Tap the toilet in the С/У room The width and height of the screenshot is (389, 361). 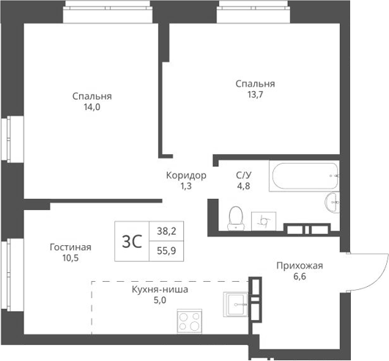(236, 216)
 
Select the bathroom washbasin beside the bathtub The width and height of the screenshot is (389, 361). (332, 203)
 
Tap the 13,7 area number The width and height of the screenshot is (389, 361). (255, 94)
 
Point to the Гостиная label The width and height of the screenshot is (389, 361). (70, 247)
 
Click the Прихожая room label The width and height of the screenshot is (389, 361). (299, 266)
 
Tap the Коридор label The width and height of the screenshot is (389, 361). (185, 175)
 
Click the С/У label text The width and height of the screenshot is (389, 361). (243, 175)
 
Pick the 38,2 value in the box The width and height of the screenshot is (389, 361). (166, 230)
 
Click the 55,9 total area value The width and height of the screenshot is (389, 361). (166, 249)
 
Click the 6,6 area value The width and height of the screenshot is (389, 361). (299, 277)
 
